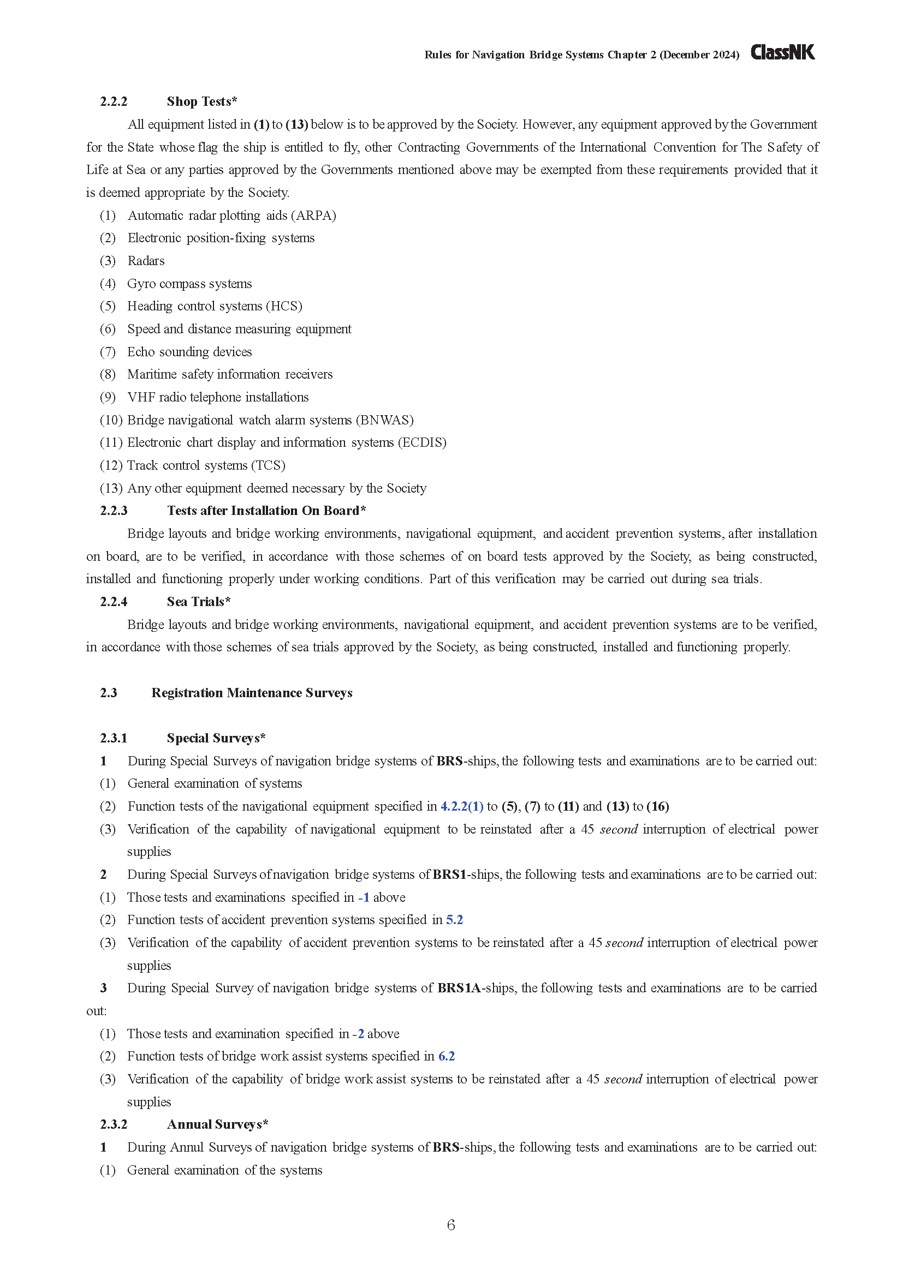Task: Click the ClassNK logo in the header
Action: (782, 53)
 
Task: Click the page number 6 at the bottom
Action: (451, 1225)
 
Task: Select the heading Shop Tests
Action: (201, 101)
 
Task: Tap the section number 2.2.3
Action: (114, 511)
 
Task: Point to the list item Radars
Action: (146, 261)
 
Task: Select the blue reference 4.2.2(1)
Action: (461, 806)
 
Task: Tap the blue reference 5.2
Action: (454, 920)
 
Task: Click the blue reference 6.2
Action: (447, 1056)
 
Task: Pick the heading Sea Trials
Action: (198, 602)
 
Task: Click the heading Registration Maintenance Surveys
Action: (251, 693)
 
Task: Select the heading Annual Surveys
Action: (217, 1124)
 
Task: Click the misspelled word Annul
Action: (187, 1147)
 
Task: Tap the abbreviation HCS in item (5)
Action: (284, 306)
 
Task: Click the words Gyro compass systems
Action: (189, 284)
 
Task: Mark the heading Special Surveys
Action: (215, 738)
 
